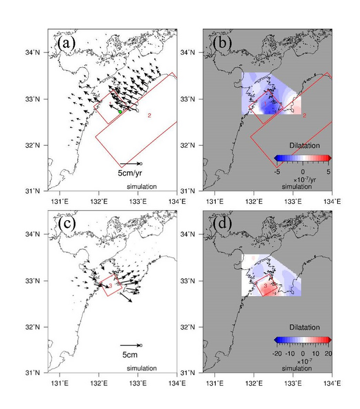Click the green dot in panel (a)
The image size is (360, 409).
[120, 112]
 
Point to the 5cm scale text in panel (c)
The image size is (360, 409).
[130, 355]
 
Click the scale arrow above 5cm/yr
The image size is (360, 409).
[130, 164]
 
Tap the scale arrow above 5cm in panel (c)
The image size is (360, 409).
[130, 345]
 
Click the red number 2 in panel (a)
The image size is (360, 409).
[150, 116]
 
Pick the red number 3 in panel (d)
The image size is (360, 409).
[264, 287]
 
